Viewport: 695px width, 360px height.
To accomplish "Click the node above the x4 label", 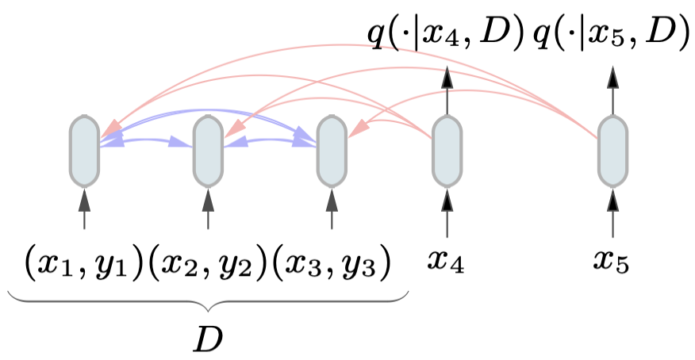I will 447,150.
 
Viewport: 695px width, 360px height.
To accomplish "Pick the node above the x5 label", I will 612,150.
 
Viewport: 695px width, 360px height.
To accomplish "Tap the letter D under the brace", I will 208,339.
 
